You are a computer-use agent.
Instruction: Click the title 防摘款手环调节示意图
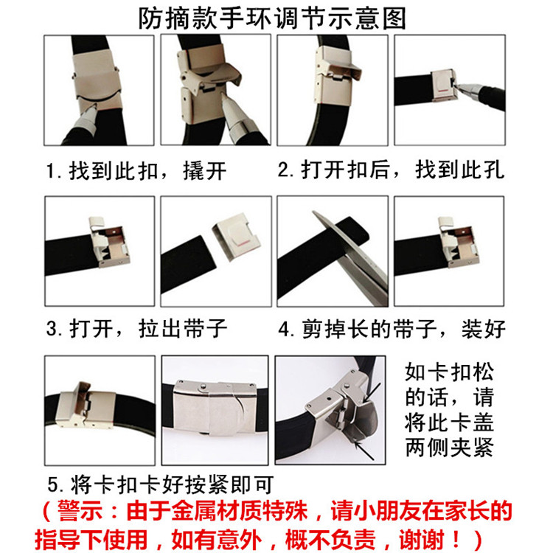click(272, 18)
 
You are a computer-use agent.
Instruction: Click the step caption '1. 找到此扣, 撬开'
click(136, 171)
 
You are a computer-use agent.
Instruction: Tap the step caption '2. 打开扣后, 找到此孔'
click(391, 170)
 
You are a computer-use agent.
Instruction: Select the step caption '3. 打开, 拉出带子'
click(136, 329)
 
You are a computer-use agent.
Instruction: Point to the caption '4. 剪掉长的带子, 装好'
click(392, 329)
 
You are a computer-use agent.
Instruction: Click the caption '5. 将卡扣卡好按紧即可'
click(161, 484)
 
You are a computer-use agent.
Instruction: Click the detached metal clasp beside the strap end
click(236, 236)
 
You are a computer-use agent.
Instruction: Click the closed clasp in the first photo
click(97, 80)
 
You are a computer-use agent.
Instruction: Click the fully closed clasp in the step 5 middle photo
click(214, 407)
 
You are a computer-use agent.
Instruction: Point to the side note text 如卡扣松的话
click(448, 384)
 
